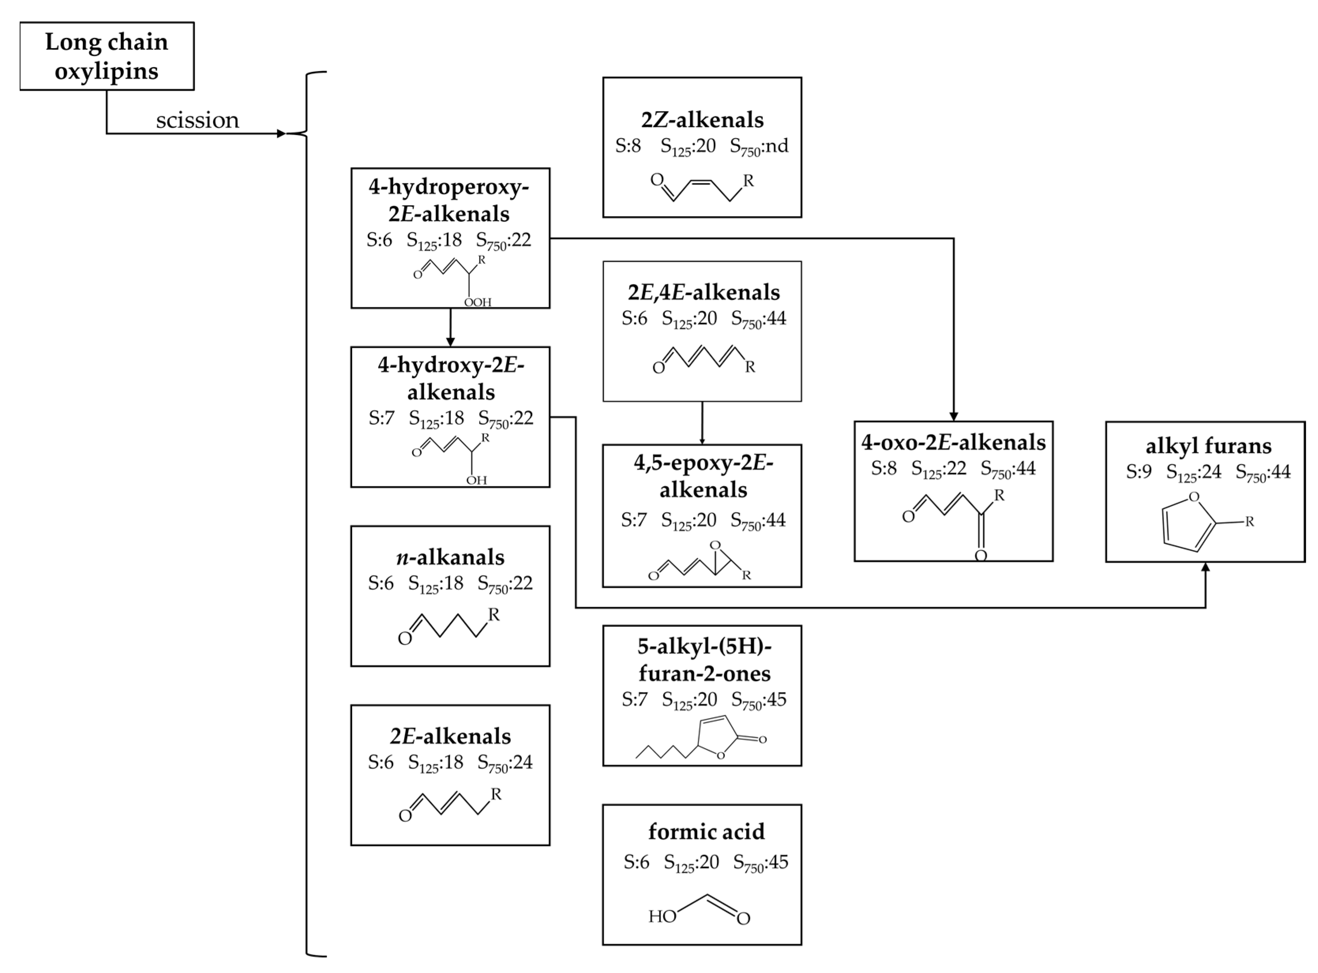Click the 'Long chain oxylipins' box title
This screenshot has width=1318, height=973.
[107, 56]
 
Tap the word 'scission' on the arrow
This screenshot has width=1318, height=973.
[197, 120]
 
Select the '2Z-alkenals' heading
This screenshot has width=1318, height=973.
[702, 120]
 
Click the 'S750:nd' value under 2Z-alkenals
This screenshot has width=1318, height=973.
[758, 146]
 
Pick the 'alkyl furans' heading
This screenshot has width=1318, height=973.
[1208, 446]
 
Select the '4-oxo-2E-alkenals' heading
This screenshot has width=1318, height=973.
[953, 442]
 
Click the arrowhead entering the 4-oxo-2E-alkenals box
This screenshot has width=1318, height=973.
[953, 416]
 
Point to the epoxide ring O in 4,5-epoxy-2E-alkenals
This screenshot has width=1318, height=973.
[715, 545]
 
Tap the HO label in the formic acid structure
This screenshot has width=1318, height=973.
[662, 917]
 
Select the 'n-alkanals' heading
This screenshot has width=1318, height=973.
[450, 557]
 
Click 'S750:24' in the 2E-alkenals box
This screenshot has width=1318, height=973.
[504, 762]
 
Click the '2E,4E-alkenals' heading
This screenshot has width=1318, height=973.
[703, 292]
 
